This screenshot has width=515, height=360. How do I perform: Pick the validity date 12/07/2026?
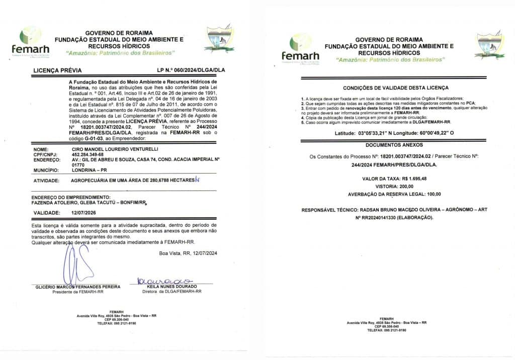(77, 213)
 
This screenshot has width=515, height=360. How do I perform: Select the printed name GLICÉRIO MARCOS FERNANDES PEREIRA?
(78, 287)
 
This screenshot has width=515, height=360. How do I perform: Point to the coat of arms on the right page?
(490, 45)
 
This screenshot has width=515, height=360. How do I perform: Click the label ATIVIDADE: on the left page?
(48, 180)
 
